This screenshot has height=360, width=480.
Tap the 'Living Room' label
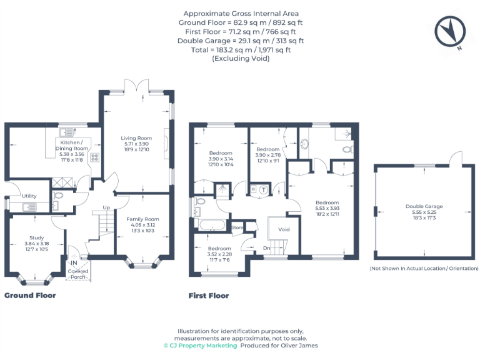coord(136,137)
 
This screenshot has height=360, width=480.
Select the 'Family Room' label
coord(142,219)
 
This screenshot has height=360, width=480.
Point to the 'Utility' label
coord(29,196)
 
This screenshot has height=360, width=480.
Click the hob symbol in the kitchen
coord(96,157)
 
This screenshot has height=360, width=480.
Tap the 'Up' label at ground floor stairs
coord(106,207)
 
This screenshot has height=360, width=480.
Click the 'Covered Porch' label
coord(79,274)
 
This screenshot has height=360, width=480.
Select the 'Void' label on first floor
coord(284,229)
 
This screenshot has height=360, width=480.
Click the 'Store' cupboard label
coord(237,228)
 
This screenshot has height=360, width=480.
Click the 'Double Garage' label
coord(424,206)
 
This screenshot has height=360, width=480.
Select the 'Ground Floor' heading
coord(30,296)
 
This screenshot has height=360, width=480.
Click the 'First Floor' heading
coord(209,296)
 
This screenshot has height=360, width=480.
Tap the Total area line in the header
coord(241,50)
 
